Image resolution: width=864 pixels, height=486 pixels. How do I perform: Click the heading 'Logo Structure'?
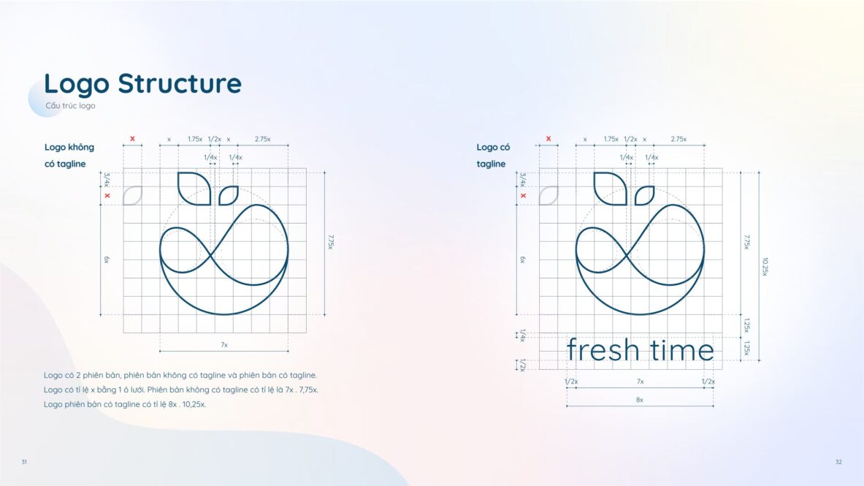coord(142,83)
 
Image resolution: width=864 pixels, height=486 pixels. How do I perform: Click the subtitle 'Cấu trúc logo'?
coord(71,105)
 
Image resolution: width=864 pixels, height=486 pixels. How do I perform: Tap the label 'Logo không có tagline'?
coord(69,156)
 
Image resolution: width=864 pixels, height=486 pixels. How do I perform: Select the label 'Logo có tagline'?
coord(493,156)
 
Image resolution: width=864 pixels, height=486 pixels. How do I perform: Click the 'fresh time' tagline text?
coord(641,350)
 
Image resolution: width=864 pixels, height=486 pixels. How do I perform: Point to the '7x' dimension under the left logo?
coord(224,345)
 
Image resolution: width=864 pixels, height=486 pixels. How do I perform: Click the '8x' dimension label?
coord(640,399)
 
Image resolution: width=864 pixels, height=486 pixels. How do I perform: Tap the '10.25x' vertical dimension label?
coord(765,267)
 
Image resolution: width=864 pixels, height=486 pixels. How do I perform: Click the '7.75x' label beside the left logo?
coord(331,242)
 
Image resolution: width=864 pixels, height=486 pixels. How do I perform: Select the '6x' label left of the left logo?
coord(107,259)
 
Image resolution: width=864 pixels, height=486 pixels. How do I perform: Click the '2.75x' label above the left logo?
coord(263,139)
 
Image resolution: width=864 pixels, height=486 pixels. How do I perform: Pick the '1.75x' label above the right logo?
coord(611,139)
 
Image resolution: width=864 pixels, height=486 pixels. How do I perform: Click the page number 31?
coord(24,462)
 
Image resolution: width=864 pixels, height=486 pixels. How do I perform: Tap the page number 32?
coord(838,462)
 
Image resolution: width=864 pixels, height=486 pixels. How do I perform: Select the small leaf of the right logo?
coord(645,195)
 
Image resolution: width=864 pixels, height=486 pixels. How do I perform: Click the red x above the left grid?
coord(132,138)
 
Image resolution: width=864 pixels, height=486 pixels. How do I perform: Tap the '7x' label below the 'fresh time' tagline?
coord(641,381)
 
